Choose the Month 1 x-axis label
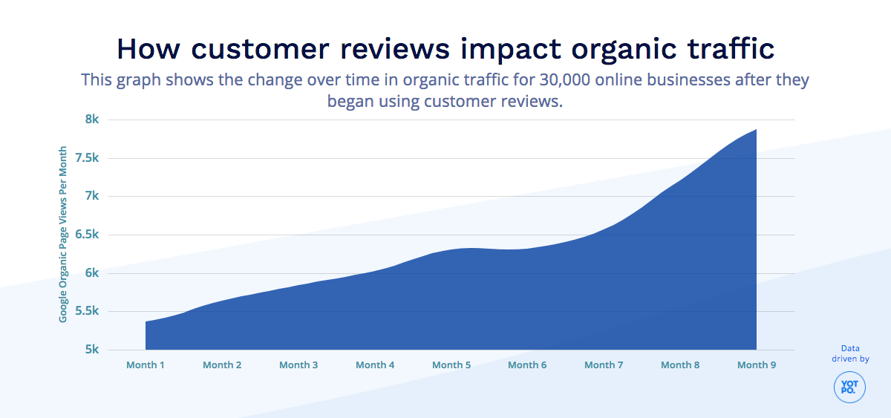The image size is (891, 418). coord(146,365)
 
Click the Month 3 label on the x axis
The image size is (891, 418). coord(298,365)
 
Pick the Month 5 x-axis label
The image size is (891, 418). coord(451,365)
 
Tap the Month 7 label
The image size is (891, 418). coord(604,365)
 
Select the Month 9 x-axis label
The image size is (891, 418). coord(757,365)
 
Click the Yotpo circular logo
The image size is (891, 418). coord(849,387)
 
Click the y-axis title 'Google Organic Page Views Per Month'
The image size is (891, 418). coord(63,235)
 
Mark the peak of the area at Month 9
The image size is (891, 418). coord(756,130)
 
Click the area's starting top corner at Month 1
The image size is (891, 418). coord(146,321)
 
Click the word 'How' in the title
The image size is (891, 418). coord(148,49)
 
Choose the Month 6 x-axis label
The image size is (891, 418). coord(528,365)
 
